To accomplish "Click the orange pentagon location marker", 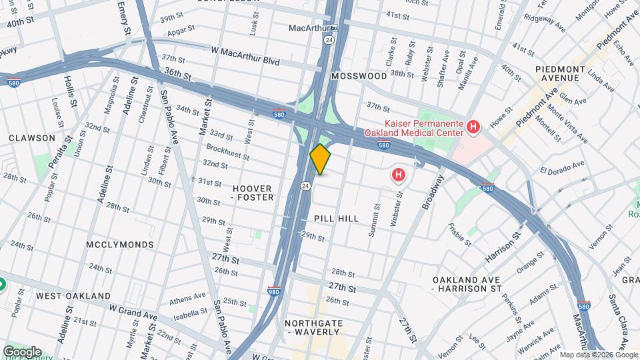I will tap(321, 159).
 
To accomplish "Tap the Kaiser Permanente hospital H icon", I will tap(473, 126).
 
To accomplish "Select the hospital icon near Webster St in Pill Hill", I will tap(398, 175).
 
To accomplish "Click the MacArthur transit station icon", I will tap(334, 28).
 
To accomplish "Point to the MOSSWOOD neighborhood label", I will tap(359, 76).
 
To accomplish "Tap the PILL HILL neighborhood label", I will tap(336, 219).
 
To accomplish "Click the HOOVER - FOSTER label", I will tap(252, 193).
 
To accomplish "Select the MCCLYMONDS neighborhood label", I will tap(120, 245).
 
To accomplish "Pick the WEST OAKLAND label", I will tap(73, 295).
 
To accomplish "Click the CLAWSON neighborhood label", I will tap(32, 138).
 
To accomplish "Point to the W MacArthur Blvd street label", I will tap(245, 54).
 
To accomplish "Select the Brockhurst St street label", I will tap(227, 151).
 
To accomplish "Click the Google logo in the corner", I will tap(22, 351).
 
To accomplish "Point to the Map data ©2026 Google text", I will tap(598, 355).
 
